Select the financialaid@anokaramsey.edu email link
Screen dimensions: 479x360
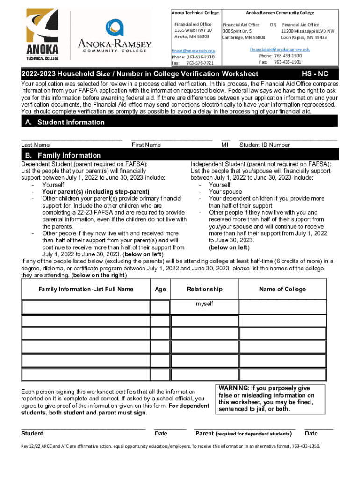point(280,49)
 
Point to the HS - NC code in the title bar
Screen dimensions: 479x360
point(315,74)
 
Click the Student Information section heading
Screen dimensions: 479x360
point(71,123)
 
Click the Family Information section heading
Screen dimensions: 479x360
point(69,155)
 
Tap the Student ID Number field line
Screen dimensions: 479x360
point(288,139)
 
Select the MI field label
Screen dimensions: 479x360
point(224,145)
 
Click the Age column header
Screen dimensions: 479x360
point(160,290)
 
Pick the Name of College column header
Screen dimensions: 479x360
point(282,289)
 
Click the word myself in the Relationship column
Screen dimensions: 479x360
point(204,304)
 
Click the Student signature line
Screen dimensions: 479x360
point(83,428)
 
